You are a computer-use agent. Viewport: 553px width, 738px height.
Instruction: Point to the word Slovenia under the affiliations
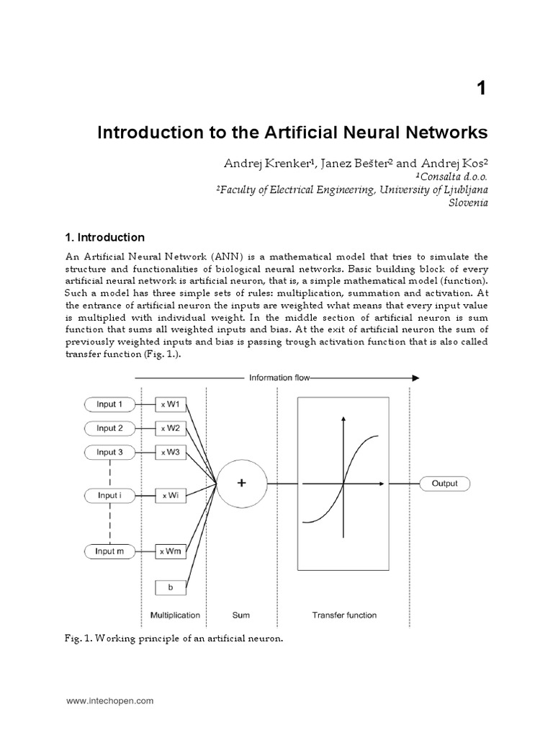pyautogui.click(x=469, y=203)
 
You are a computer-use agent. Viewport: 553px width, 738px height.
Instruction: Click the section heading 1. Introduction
pyautogui.click(x=105, y=237)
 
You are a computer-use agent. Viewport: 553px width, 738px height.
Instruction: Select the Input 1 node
pyautogui.click(x=109, y=404)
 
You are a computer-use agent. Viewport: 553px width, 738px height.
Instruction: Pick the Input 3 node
pyautogui.click(x=109, y=452)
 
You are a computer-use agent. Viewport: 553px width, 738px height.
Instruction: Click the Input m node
pyautogui.click(x=109, y=551)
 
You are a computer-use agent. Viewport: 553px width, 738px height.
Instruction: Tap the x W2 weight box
pyautogui.click(x=171, y=428)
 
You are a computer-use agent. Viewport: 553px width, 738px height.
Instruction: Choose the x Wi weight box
pyautogui.click(x=171, y=496)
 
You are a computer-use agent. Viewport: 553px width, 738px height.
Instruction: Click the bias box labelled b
pyautogui.click(x=171, y=587)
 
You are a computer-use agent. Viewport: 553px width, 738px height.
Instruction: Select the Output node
pyautogui.click(x=444, y=484)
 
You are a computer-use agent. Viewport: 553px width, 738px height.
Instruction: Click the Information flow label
pyautogui.click(x=280, y=378)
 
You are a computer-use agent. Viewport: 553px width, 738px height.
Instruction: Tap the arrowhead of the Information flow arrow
pyautogui.click(x=415, y=378)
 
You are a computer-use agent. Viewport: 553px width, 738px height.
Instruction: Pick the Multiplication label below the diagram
pyautogui.click(x=175, y=615)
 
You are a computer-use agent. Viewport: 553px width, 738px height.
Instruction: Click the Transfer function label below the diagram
pyautogui.click(x=344, y=615)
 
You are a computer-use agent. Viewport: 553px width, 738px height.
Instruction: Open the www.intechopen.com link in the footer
pyautogui.click(x=109, y=700)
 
